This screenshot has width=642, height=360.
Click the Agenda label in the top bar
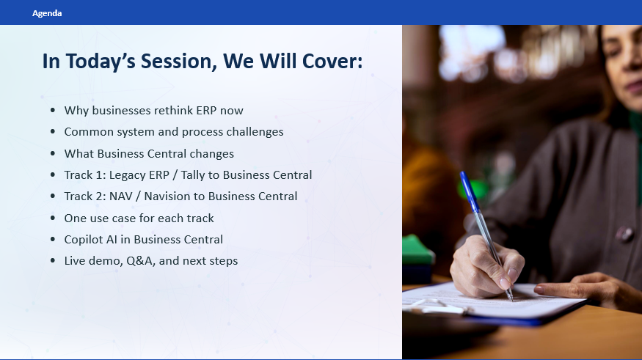(x=47, y=13)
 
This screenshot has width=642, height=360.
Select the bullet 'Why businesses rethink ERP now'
(x=153, y=111)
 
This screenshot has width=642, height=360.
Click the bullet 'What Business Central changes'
(x=149, y=154)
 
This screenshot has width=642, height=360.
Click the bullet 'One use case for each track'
(x=139, y=218)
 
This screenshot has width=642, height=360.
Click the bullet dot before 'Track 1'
(x=52, y=175)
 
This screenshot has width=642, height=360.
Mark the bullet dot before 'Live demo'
(x=52, y=261)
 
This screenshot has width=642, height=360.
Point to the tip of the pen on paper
(x=511, y=299)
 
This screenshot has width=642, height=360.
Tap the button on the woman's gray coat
(x=624, y=234)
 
